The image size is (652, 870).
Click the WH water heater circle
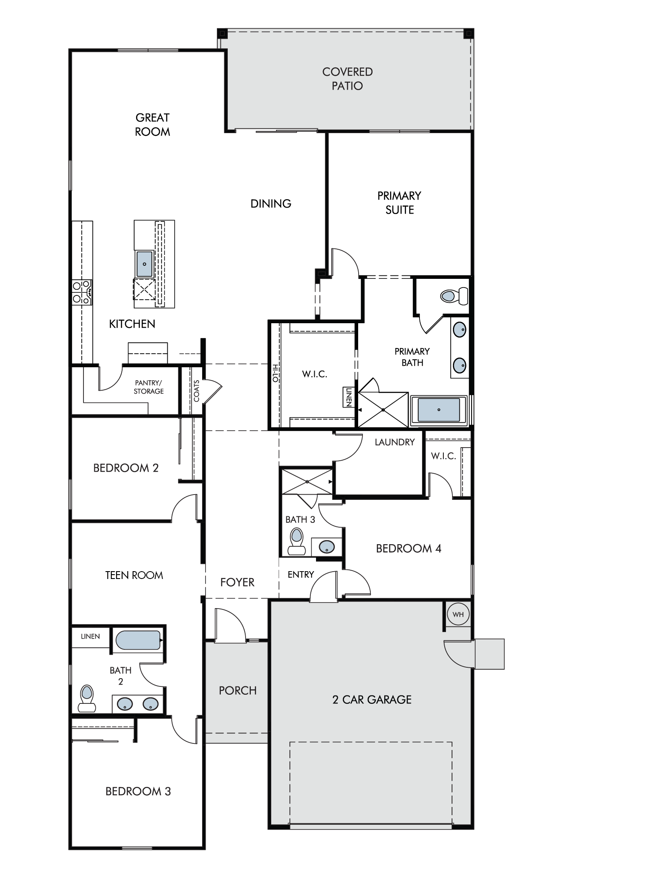[x=458, y=614]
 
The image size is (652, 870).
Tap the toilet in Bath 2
[x=87, y=698]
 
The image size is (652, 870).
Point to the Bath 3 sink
[x=327, y=546]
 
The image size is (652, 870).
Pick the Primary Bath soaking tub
[x=439, y=410]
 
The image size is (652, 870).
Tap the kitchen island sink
[x=145, y=264]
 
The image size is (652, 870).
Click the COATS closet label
[x=196, y=391]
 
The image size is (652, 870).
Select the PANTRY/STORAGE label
[x=149, y=387]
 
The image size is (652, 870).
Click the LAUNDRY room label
[x=395, y=442]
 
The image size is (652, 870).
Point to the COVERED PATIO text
[x=347, y=79]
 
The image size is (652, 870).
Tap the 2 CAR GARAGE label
[x=372, y=699]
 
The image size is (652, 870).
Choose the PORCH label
[x=238, y=690]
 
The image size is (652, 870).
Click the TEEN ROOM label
[x=134, y=575]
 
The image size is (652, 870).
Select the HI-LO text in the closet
[x=275, y=373]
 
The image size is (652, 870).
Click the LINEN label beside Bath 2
[x=90, y=636]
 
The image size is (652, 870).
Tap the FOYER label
[x=237, y=582]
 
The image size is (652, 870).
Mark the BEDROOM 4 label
[x=409, y=549]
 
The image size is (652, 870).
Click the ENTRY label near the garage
[x=301, y=575]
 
